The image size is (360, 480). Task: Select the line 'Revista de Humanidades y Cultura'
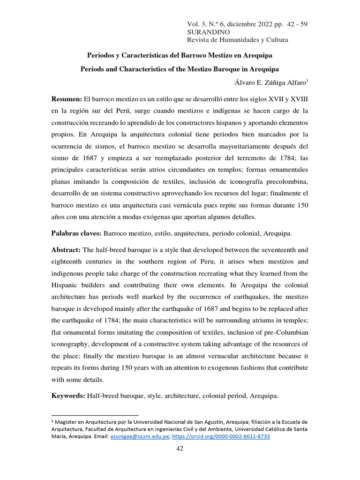click(238, 40)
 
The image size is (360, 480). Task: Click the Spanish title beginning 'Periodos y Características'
click(180, 55)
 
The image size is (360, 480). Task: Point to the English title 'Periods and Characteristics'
click(180, 69)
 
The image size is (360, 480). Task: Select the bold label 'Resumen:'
click(67, 99)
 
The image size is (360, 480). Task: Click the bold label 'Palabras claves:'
click(76, 233)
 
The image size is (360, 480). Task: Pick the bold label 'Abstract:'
click(66, 250)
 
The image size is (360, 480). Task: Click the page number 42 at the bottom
click(180, 449)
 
